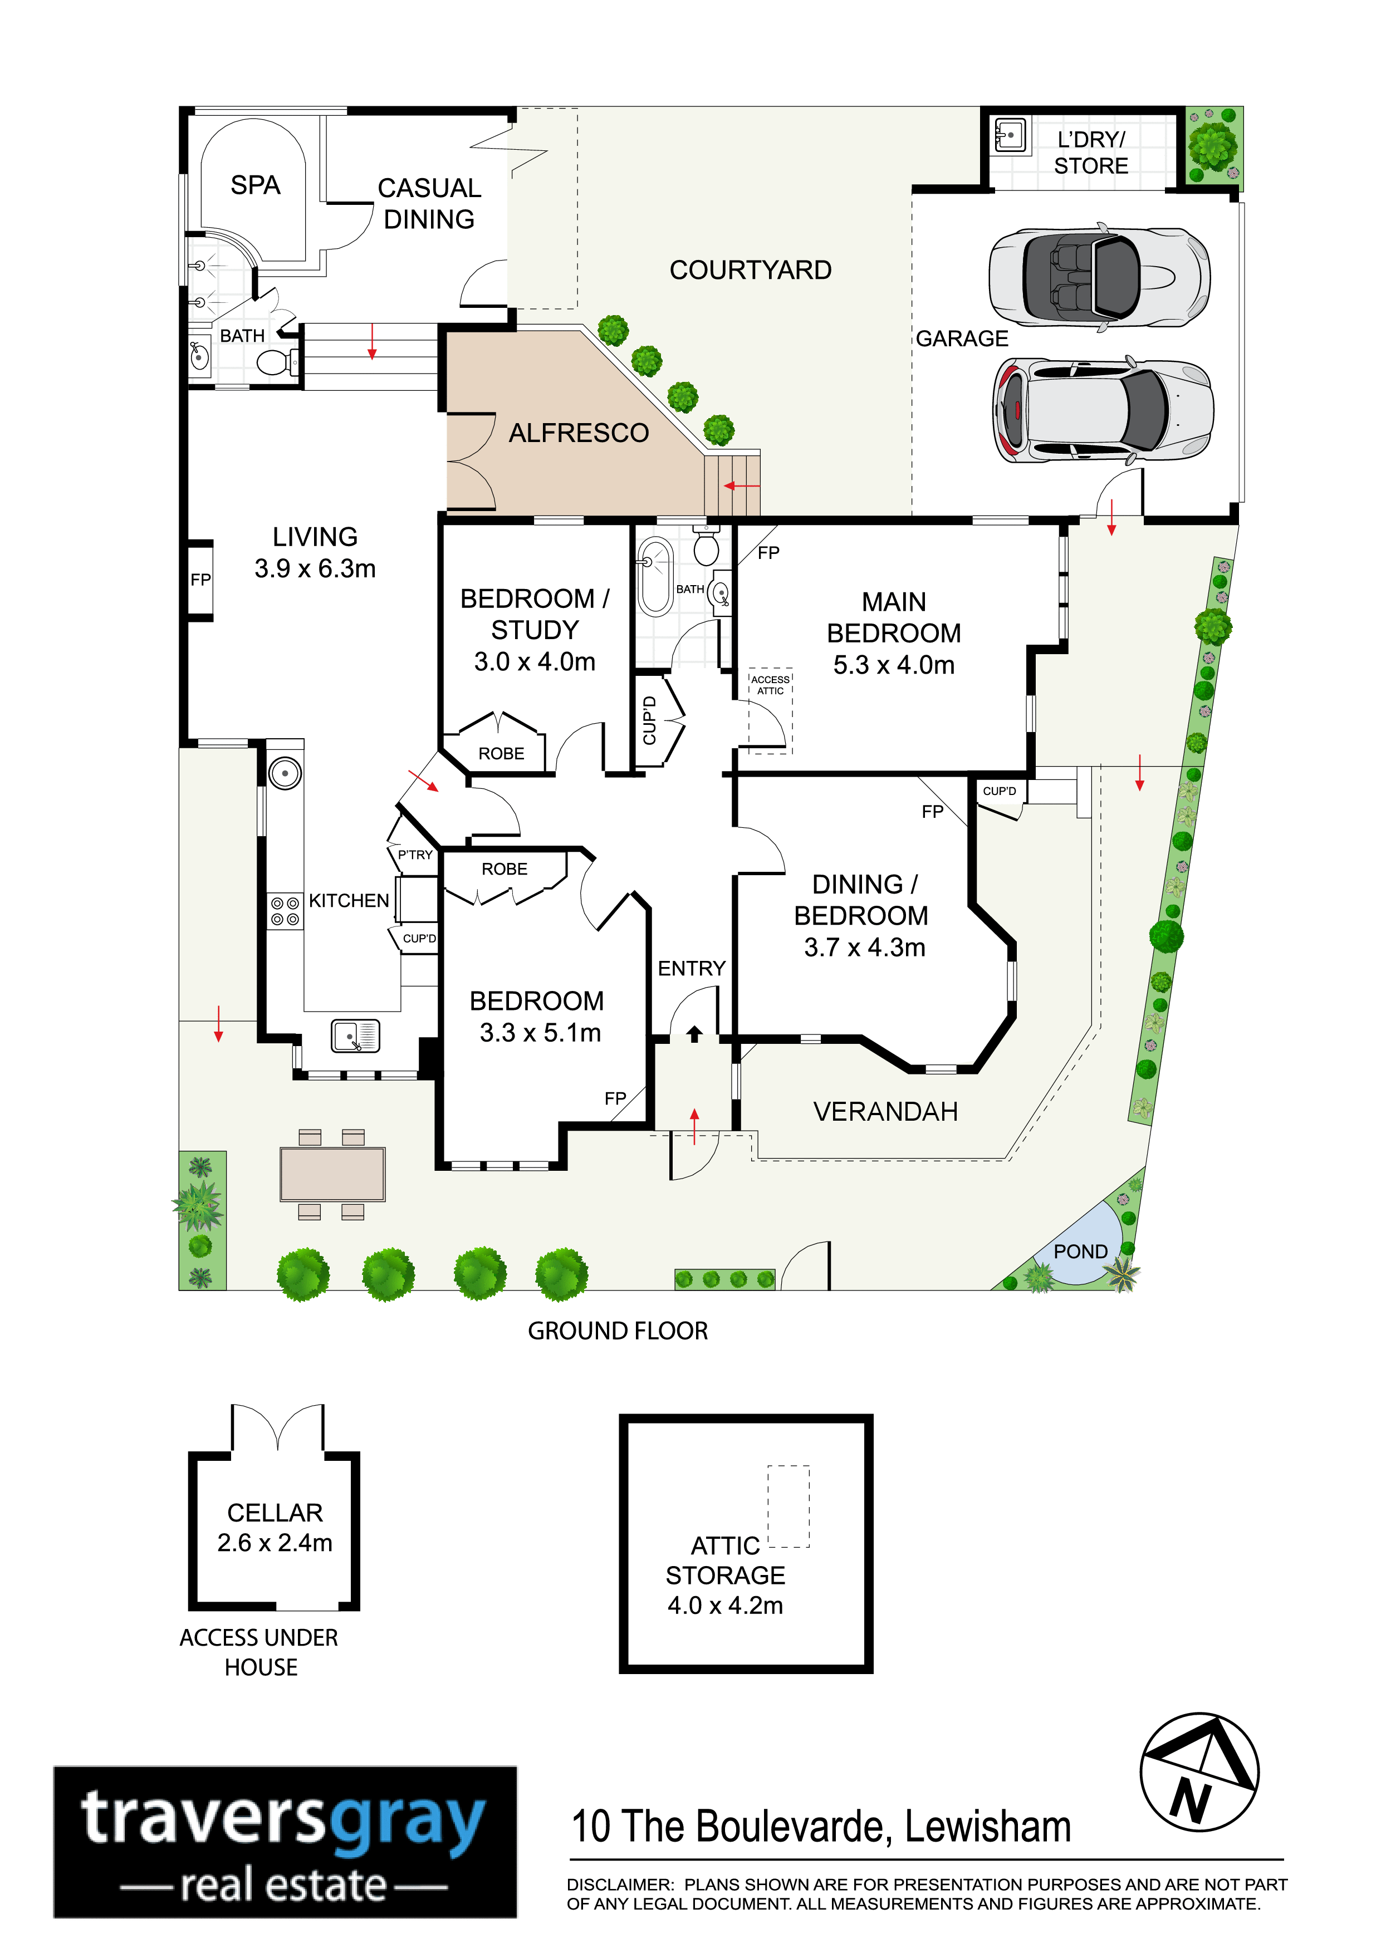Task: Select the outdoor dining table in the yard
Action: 332,1174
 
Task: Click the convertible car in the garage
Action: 1099,277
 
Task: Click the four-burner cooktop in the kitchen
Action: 285,911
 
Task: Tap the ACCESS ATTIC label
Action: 770,685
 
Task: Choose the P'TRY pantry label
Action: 415,855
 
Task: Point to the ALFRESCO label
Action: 579,433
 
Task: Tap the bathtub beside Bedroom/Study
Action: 655,577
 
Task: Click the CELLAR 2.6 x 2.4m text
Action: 275,1527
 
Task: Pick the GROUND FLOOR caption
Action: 618,1331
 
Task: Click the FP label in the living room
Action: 201,580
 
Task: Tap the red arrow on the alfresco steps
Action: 742,485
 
